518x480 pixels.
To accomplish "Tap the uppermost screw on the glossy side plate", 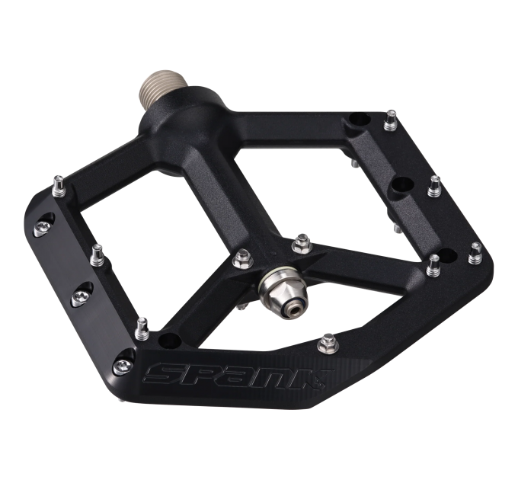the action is [43, 227].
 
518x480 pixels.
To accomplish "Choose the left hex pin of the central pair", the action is [243, 258].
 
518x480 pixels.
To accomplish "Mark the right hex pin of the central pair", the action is [302, 243].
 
